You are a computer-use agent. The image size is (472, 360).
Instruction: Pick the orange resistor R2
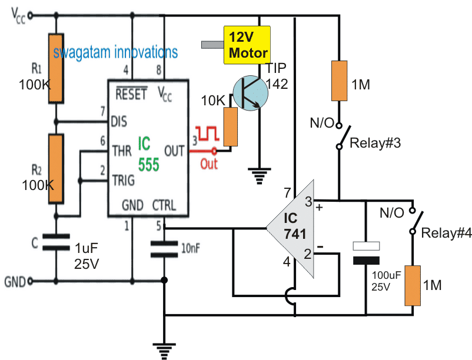(56, 168)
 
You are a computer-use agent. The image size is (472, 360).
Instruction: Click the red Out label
(209, 164)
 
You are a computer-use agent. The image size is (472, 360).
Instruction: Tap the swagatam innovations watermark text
(115, 52)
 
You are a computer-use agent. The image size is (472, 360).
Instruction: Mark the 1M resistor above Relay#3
(340, 81)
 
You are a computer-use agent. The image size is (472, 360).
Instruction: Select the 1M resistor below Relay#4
(413, 285)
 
